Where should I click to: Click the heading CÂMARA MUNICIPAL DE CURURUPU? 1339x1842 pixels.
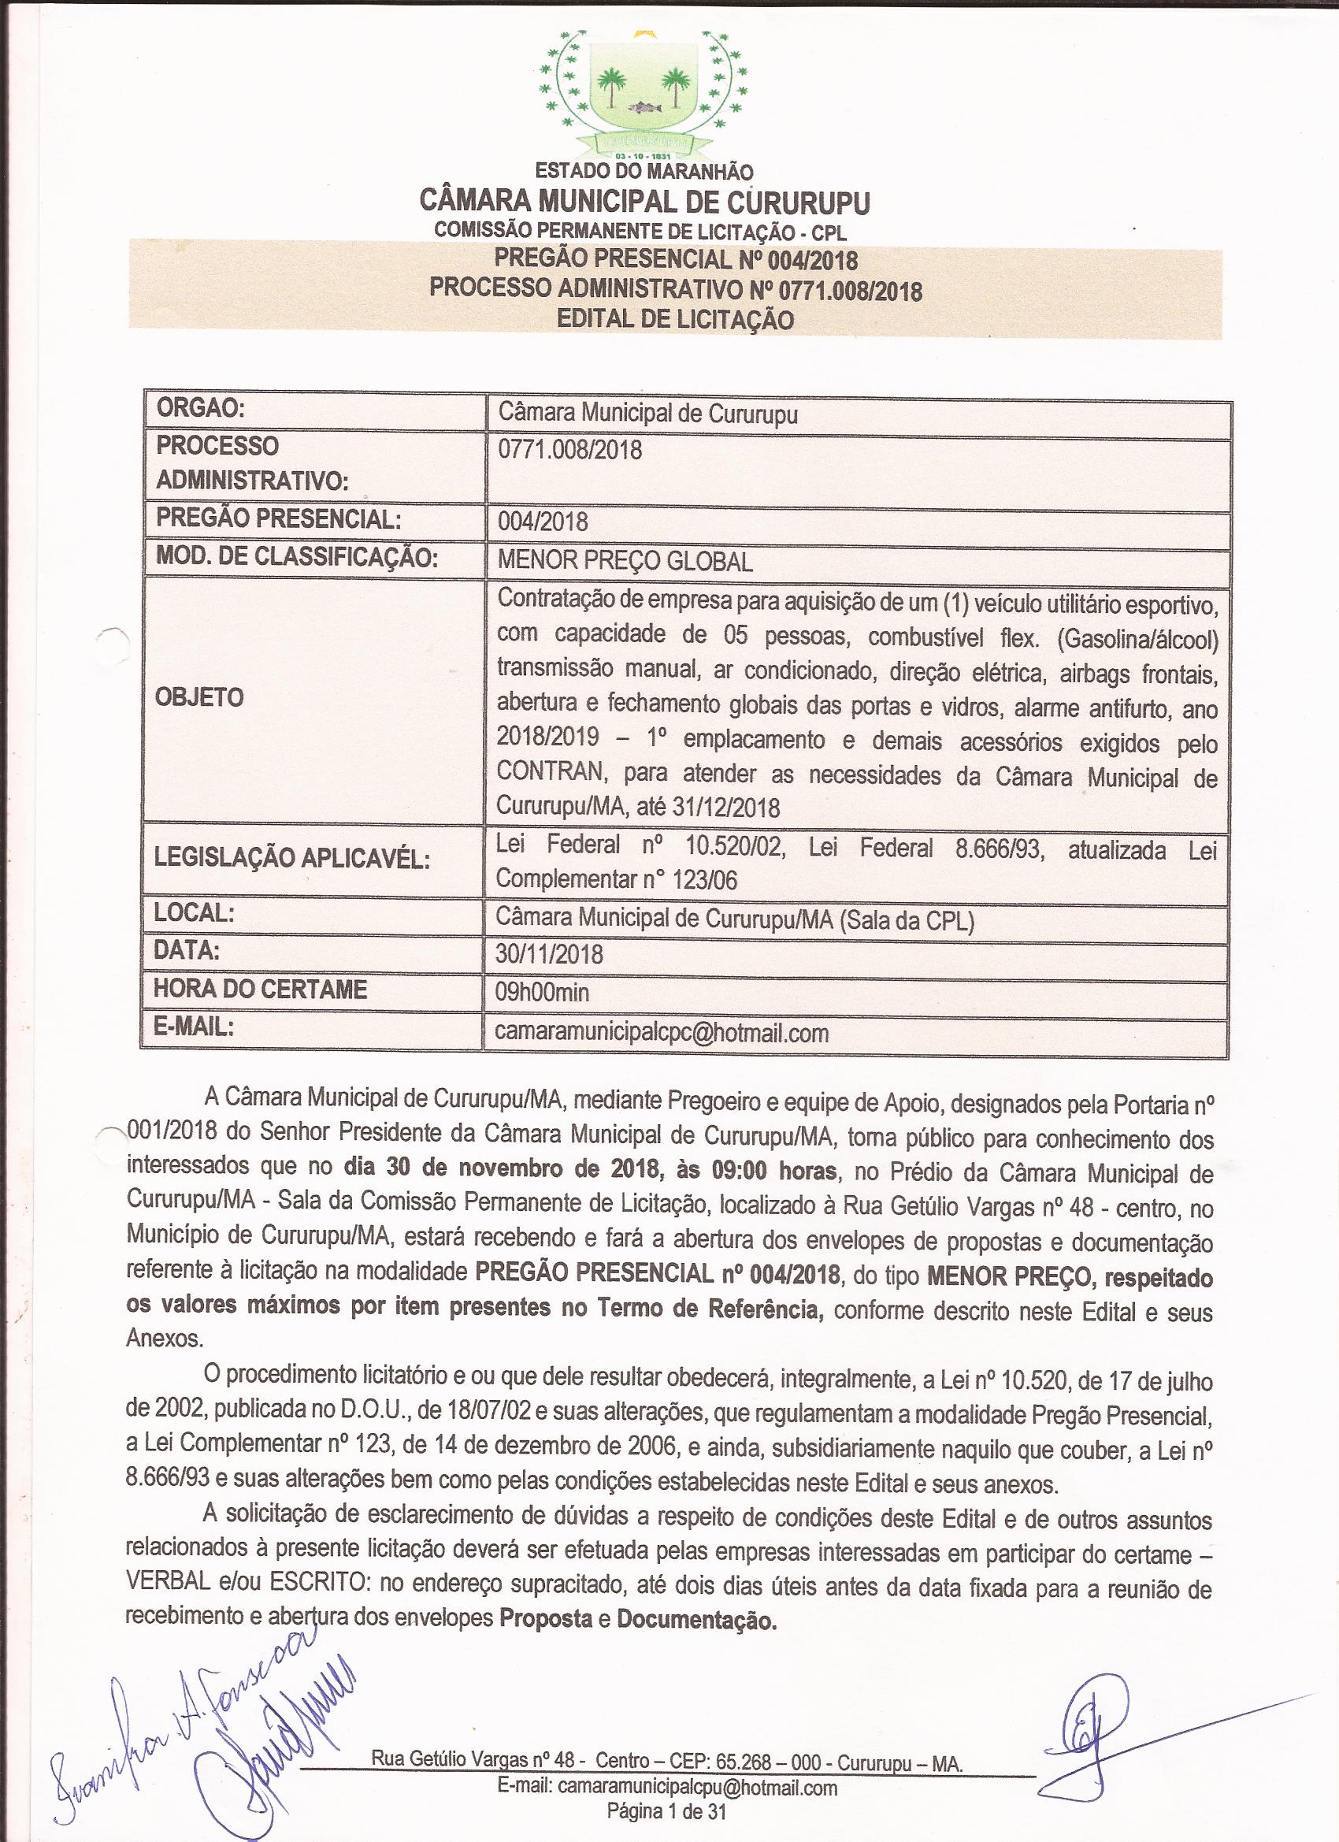644,202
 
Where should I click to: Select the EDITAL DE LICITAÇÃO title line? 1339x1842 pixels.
675,319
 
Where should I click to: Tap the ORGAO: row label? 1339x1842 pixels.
201,410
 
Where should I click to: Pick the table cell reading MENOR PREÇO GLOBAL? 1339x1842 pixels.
625,560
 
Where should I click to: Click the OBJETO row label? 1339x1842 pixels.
200,696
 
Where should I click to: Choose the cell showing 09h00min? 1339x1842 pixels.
543,992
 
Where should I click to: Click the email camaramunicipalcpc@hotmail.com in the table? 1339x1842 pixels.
662,1032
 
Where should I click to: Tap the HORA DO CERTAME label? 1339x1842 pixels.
261,990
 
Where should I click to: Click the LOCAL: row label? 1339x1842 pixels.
195,913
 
